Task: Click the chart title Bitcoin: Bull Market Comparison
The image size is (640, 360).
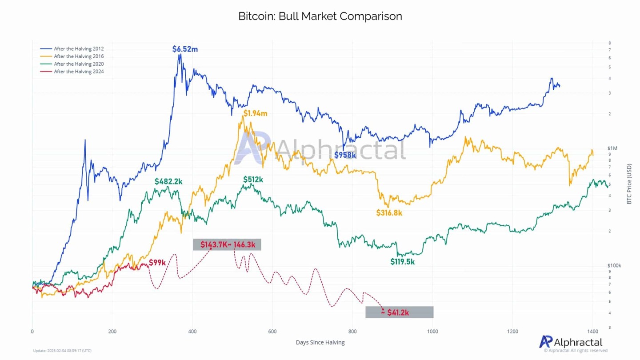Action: coord(320,16)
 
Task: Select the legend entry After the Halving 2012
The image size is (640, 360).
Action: coord(78,49)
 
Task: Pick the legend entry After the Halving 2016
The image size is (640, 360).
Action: coord(78,56)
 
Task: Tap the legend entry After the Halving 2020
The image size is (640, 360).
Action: coord(78,64)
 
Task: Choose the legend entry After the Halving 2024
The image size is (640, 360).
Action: coord(78,72)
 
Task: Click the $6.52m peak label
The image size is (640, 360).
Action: coord(185,49)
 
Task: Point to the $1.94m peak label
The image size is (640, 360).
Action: coord(255,113)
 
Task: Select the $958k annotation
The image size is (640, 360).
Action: coord(345,155)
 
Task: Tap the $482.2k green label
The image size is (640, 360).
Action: coord(168,181)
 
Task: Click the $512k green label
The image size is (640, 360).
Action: coord(253,180)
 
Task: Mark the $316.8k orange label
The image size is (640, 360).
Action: coord(389,213)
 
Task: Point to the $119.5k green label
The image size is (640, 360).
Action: coord(402,262)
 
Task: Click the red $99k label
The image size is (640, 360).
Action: coord(157,263)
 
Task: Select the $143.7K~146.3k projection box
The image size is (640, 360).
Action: coord(227,244)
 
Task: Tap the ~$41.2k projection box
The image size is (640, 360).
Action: coord(399,312)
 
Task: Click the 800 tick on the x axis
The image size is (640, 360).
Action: coord(352,332)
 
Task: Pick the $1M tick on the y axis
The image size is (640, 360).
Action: coord(612,148)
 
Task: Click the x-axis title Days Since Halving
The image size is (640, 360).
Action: coord(320,342)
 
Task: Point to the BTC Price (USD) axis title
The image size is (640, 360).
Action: coord(629,183)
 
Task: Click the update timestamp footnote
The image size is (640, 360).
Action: coord(62,351)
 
